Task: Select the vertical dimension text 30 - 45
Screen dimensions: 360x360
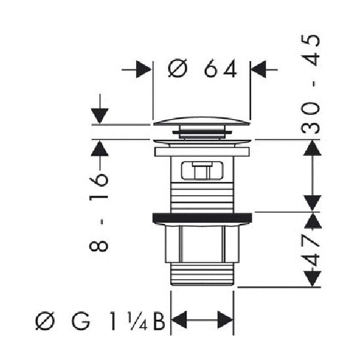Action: [x=314, y=84]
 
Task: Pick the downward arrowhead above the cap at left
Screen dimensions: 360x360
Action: [x=99, y=114]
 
